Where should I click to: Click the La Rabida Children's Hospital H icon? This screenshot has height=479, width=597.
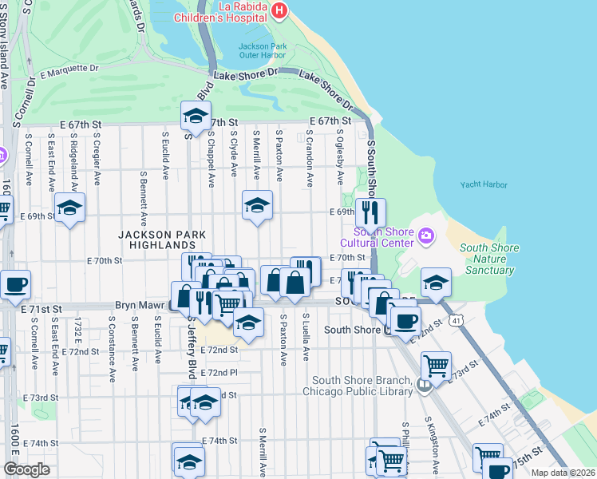279,10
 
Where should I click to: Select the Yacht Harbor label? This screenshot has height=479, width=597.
484,185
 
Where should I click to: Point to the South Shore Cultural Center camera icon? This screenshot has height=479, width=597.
426,235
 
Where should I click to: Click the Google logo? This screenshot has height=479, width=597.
26,469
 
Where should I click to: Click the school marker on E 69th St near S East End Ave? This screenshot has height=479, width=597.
69,208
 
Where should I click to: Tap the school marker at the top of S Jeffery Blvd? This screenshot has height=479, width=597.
194,117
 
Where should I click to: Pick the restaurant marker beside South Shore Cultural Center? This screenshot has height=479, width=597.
370,212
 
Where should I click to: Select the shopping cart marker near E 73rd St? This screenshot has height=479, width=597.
436,366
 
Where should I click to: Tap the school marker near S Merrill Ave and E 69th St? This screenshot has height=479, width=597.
257,205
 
